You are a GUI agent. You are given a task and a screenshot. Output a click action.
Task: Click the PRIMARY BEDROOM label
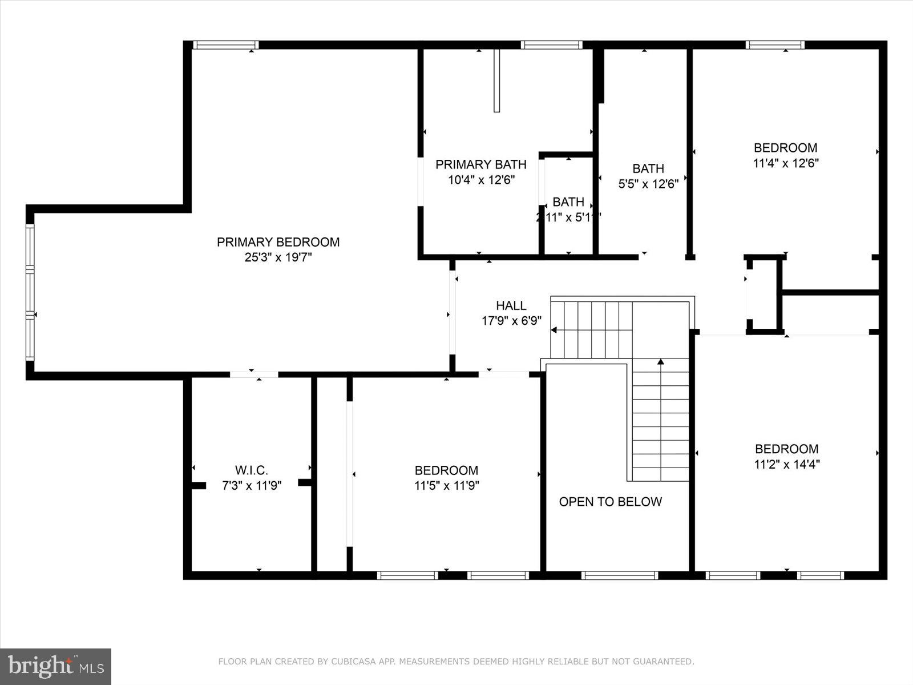coord(278,242)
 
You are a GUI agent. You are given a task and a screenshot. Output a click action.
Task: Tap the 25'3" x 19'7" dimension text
coord(278,257)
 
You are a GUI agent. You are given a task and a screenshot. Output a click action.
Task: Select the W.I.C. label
coord(251,470)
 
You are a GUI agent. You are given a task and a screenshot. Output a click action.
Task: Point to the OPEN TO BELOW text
coord(610,502)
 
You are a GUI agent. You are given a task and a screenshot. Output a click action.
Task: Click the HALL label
coord(511,305)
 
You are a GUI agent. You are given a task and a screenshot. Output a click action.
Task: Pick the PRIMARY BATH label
coord(480,164)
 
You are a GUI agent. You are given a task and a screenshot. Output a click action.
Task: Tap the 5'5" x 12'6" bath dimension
coord(648,184)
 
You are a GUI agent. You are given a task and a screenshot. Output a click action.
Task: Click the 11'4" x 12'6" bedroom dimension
coord(786,163)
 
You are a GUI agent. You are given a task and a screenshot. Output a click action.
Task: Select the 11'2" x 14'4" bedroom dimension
coord(786,464)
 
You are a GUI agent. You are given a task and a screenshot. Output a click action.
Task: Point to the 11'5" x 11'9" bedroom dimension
coord(446,486)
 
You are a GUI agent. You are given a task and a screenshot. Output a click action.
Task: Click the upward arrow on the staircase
coord(661,362)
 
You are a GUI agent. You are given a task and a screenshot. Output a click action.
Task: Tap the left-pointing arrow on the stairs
coord(554,329)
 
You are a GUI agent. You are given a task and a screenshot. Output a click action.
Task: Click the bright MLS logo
coord(55,666)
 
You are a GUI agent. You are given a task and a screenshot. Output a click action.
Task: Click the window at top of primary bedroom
coord(225,45)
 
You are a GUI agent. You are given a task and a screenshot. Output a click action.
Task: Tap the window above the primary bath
coord(551,45)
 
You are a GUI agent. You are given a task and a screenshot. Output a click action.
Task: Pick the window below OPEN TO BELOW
coord(619,575)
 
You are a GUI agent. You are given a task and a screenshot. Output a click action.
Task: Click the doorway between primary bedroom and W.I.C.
coord(254,374)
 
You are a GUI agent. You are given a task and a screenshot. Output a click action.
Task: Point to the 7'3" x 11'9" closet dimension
coord(251,486)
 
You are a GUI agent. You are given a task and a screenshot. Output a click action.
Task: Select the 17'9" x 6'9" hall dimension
coord(511,321)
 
